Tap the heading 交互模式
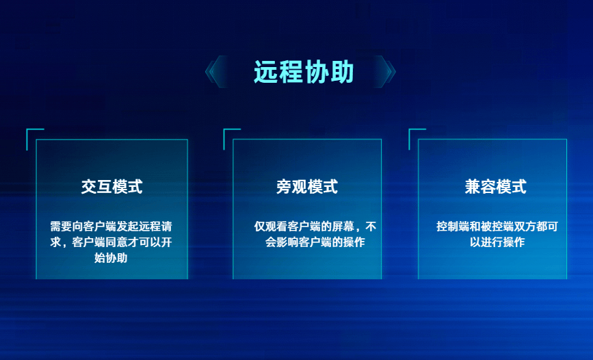point(111,187)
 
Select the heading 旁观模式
point(307,187)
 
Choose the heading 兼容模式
point(496,187)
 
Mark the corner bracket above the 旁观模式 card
point(230,136)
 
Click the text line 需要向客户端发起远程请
point(111,226)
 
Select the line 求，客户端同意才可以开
point(111,242)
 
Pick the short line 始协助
point(111,258)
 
